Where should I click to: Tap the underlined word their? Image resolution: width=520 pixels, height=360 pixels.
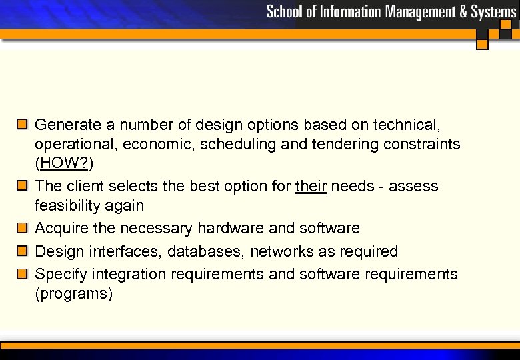[311, 186]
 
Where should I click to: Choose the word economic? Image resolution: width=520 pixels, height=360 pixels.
[163, 145]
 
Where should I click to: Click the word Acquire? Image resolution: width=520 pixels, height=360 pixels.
[61, 229]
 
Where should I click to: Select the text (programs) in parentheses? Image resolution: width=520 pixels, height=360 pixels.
[74, 293]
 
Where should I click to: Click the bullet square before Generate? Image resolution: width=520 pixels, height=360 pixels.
[22, 124]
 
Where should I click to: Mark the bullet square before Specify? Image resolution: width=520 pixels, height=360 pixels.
[22, 273]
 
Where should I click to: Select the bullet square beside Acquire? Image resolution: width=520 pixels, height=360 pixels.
[22, 228]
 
